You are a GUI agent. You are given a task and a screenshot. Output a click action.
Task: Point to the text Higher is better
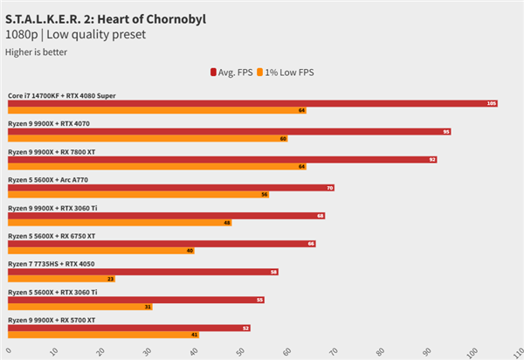click(36, 52)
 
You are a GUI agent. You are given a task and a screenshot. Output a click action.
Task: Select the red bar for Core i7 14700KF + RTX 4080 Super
click(253, 103)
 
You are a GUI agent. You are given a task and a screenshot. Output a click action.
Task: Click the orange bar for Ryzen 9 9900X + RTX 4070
click(148, 139)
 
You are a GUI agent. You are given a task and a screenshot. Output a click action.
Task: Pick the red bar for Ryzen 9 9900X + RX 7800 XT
click(223, 159)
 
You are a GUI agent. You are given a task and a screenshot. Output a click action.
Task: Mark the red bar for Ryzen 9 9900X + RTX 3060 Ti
click(166, 215)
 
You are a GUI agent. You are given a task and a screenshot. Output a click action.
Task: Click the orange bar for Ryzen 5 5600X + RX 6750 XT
click(100, 251)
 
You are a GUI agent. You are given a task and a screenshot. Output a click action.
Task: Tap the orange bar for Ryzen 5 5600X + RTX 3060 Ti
click(79, 307)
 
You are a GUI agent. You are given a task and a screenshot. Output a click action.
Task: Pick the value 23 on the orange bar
click(110, 279)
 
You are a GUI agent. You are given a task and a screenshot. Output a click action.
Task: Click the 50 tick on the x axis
click(239, 351)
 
